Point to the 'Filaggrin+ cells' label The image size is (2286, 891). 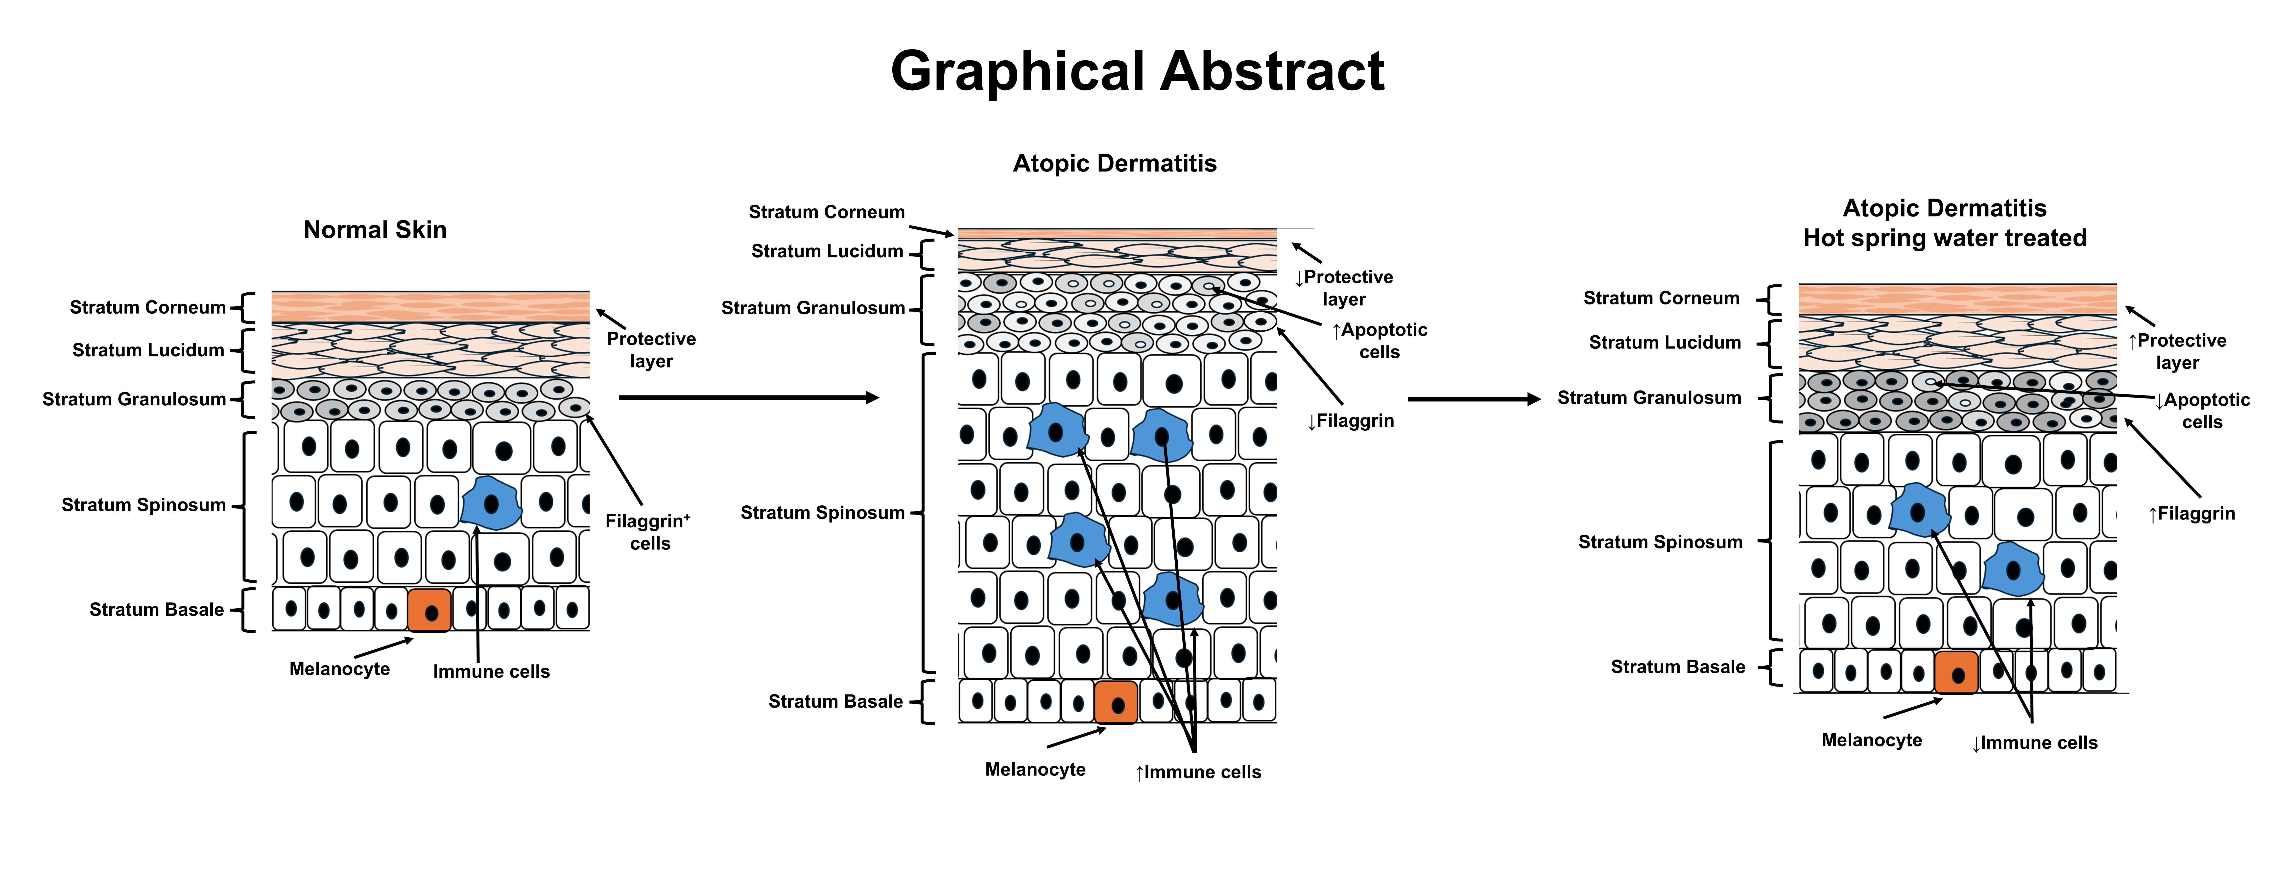click(x=649, y=532)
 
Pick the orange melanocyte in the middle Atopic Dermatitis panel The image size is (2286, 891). click(x=1116, y=703)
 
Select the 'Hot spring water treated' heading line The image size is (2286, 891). click(x=1944, y=238)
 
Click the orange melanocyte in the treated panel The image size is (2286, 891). click(x=1956, y=673)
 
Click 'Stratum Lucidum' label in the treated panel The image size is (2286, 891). click(x=1665, y=343)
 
